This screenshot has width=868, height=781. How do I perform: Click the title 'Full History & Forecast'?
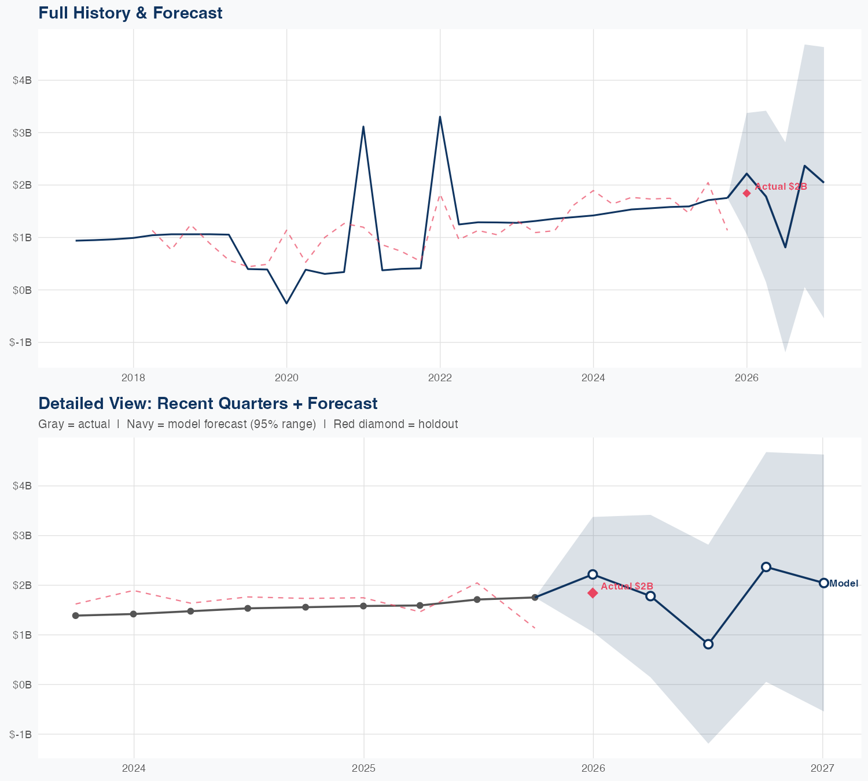[x=130, y=13]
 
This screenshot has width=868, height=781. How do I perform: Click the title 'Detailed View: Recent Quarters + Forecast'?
[x=208, y=403]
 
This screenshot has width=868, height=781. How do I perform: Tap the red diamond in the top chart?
[x=746, y=193]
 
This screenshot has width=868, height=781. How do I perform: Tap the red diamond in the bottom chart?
[x=593, y=592]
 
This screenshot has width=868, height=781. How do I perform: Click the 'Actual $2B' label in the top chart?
[x=781, y=186]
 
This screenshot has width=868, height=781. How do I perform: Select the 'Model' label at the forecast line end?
[x=844, y=583]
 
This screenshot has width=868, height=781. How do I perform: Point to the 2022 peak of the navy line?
[x=440, y=117]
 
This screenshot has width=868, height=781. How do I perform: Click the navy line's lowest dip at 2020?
[x=286, y=303]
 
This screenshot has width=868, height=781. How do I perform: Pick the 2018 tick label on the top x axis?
[x=133, y=378]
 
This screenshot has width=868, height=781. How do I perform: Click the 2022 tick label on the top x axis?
[x=440, y=378]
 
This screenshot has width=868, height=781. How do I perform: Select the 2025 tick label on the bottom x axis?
[x=363, y=768]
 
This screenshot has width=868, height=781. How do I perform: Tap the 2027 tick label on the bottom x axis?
[x=822, y=768]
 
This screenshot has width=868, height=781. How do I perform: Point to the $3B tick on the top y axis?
[x=22, y=132]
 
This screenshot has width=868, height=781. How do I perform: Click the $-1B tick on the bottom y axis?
[x=21, y=734]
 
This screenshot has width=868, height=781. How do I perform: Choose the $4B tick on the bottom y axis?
[x=22, y=486]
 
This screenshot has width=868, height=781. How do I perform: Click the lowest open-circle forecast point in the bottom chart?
[x=708, y=644]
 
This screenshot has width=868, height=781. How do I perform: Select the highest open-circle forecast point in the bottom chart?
[x=766, y=566]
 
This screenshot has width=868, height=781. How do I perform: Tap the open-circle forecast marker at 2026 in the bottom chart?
[x=593, y=574]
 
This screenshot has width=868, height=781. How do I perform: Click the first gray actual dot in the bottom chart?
[x=76, y=616]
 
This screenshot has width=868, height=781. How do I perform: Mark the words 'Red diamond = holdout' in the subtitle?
[x=395, y=424]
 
